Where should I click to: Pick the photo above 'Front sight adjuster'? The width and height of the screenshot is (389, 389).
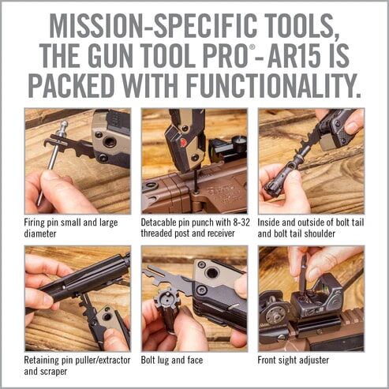311,298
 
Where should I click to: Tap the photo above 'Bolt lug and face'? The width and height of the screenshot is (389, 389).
194,298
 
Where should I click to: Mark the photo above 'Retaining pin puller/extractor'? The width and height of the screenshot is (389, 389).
77,298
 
